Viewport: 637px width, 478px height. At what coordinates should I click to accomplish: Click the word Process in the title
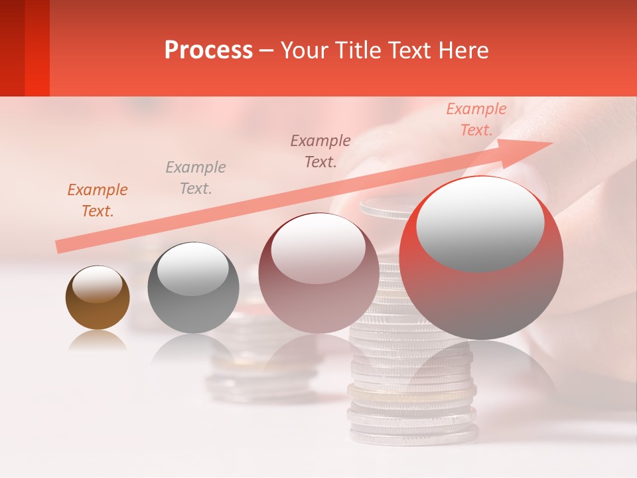tap(208, 50)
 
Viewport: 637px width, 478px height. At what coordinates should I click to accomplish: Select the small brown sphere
tap(98, 297)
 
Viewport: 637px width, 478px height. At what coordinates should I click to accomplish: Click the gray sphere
tap(192, 287)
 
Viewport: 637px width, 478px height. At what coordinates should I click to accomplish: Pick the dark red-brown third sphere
tap(318, 273)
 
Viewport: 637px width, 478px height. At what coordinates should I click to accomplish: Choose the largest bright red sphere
tap(481, 258)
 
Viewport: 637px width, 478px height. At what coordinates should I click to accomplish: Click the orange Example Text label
tap(98, 200)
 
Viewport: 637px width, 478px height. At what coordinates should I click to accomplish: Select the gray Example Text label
tap(196, 178)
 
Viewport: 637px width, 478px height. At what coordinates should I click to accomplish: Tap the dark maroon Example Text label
tap(320, 151)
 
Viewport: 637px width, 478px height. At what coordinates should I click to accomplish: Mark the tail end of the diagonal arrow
tap(60, 246)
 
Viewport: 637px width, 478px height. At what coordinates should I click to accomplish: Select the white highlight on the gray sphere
tap(192, 266)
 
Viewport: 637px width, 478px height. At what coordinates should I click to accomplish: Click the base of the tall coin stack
tap(413, 434)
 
